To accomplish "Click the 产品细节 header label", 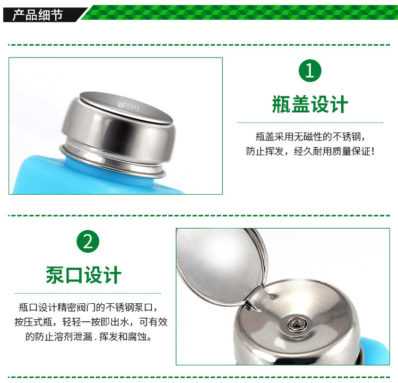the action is [x=38, y=14].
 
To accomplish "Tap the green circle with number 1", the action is [x=310, y=71].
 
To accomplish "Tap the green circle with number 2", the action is [x=88, y=242].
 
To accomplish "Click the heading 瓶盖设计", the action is [x=310, y=104].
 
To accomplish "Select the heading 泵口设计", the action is [x=83, y=275].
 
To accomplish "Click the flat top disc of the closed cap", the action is [x=126, y=107].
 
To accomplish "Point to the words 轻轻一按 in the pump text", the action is [x=81, y=322].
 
